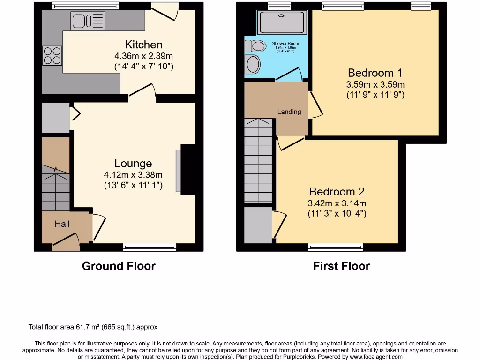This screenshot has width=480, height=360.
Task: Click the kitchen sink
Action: (x=88, y=21)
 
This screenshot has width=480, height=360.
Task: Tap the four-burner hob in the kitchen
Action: (x=52, y=56)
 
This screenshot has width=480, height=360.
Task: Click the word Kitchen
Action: (x=143, y=45)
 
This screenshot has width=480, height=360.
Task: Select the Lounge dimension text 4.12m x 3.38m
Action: (x=133, y=174)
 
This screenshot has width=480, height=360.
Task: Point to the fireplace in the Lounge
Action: (x=186, y=170)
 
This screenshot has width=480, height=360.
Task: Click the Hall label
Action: (x=62, y=224)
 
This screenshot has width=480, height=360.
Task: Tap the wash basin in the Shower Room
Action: (x=253, y=64)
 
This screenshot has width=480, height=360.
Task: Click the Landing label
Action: (x=289, y=112)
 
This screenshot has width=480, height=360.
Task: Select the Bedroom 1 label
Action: (x=375, y=73)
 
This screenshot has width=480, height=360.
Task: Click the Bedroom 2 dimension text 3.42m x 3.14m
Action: (x=337, y=203)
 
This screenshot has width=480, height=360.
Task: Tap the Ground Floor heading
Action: (x=119, y=266)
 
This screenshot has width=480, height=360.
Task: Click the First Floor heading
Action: (x=341, y=266)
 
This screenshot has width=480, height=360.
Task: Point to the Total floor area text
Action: (x=93, y=327)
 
